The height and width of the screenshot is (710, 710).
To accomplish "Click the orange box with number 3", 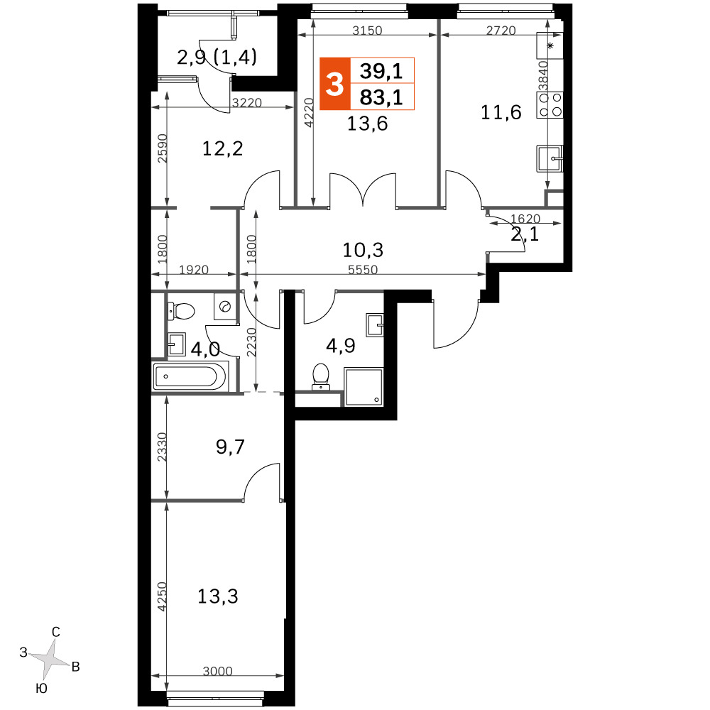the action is pos(335,84).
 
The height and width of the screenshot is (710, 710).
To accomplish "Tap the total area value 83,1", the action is pos(381,97).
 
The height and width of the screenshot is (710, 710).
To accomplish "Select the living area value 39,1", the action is pos(381,71).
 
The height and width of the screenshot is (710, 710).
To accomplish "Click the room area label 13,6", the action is pos(367,124).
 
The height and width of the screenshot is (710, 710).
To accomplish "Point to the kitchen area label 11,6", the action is pos(501,112).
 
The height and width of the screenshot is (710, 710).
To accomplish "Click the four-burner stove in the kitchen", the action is pos(550,104).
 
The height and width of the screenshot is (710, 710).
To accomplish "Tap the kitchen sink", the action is pos(550,158).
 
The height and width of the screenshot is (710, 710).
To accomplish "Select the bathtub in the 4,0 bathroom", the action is pos(190,376).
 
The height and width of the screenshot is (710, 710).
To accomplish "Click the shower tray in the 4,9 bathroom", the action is pos(364,387).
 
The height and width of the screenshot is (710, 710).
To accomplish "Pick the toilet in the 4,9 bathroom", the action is pos(321,376).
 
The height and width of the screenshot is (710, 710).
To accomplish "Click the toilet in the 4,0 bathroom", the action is pos(181,311).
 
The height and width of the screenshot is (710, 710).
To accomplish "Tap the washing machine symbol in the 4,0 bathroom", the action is pos(225,307).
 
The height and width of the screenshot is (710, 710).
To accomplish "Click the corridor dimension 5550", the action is pos(363,270).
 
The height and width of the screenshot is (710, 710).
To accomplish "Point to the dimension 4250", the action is pos(162,597).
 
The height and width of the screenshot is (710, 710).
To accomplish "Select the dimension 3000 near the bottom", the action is pos(217,671).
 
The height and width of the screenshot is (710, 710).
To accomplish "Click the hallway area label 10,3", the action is pos(363,249).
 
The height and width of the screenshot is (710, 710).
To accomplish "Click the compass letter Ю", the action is pos(41,689).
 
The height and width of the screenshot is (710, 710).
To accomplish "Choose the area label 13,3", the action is pos(218,597).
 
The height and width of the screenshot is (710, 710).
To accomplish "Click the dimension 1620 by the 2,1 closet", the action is pos(525,219).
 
